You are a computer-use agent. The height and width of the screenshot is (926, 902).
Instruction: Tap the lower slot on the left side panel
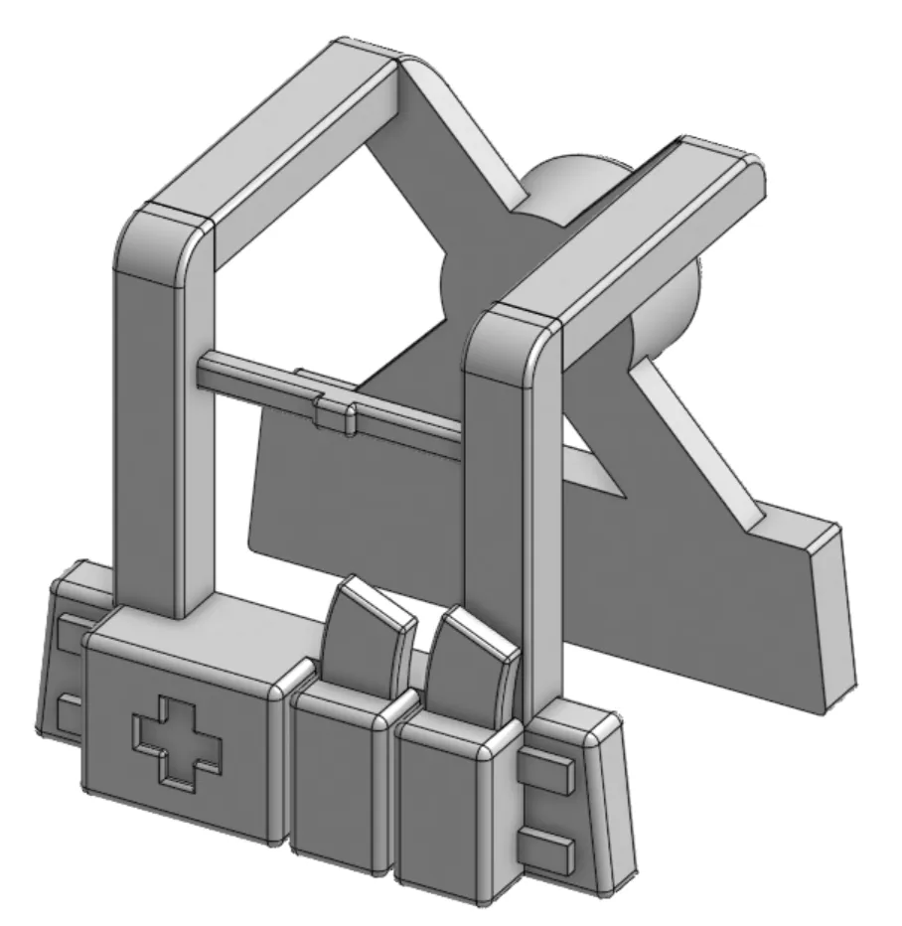(67, 711)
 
